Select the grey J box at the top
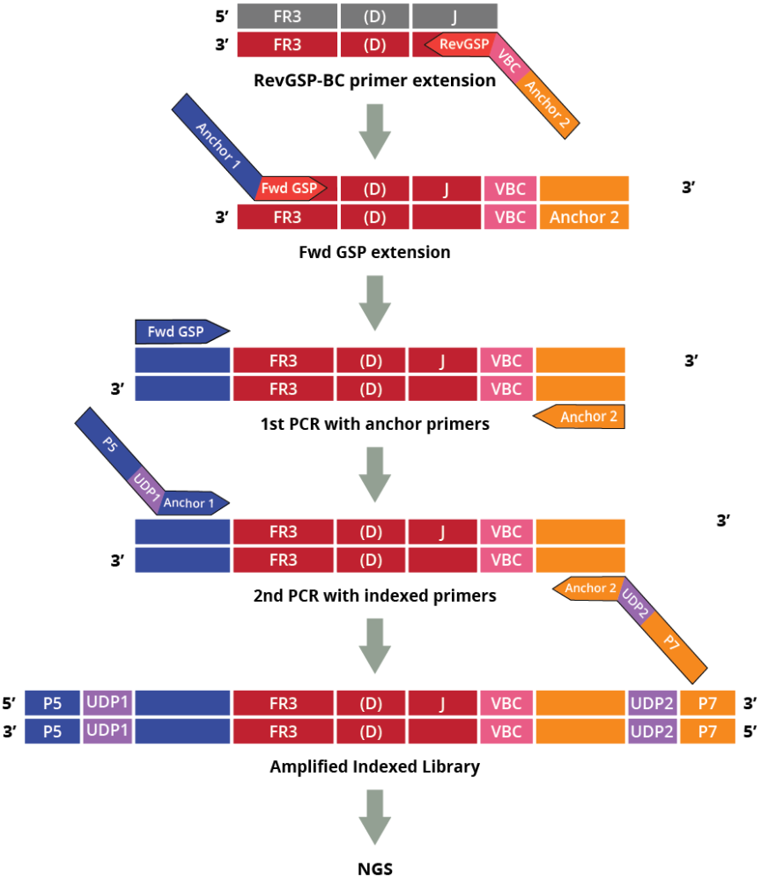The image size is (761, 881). click(x=454, y=15)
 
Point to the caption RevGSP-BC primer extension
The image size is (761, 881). click(x=374, y=81)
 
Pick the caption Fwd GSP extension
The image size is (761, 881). click(x=374, y=252)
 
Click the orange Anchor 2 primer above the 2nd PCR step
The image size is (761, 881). click(x=581, y=417)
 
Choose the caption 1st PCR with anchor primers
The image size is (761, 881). click(x=374, y=424)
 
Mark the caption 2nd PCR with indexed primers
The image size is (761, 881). click(x=374, y=596)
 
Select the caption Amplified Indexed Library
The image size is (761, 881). click(x=374, y=766)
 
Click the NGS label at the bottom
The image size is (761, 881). click(x=375, y=868)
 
